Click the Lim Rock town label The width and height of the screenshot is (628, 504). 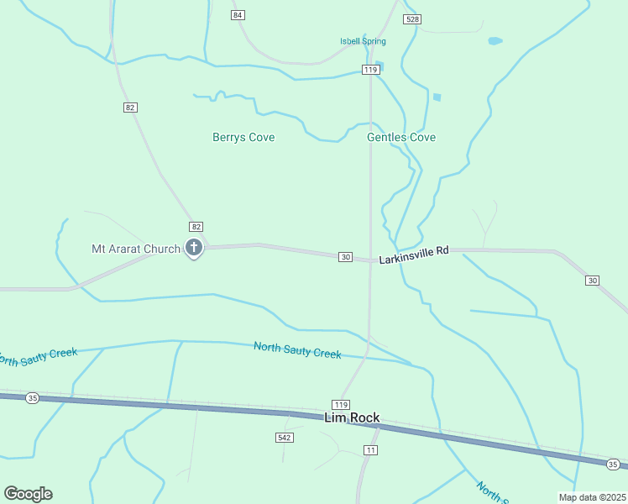pyautogui.click(x=352, y=417)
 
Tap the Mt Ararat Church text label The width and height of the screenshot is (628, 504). pyautogui.click(x=135, y=249)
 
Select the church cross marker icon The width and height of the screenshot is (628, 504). pyautogui.click(x=194, y=248)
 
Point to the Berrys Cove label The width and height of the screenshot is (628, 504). pyautogui.click(x=243, y=137)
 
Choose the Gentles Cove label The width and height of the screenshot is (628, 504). pyautogui.click(x=401, y=137)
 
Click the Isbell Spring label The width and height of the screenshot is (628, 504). pyautogui.click(x=363, y=41)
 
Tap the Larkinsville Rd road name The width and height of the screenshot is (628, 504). pyautogui.click(x=414, y=255)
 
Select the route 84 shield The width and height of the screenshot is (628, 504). pyautogui.click(x=238, y=15)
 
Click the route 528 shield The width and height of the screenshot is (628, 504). pyautogui.click(x=411, y=19)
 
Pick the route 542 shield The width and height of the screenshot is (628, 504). pyautogui.click(x=284, y=438)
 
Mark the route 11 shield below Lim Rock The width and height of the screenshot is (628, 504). pyautogui.click(x=370, y=450)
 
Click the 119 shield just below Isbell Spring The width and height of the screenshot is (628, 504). pyautogui.click(x=370, y=70)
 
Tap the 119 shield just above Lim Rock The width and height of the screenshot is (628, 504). pyautogui.click(x=340, y=404)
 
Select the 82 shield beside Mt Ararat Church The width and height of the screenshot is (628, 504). pyautogui.click(x=196, y=227)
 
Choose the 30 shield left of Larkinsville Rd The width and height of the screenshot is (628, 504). pyautogui.click(x=345, y=256)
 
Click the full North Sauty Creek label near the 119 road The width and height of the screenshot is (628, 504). pyautogui.click(x=297, y=350)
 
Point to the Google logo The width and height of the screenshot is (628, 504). pyautogui.click(x=28, y=494)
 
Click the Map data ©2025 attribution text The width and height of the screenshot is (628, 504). pyautogui.click(x=592, y=497)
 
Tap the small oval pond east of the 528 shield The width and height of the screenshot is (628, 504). pyautogui.click(x=495, y=40)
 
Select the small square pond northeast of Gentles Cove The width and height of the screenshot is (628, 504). pyautogui.click(x=437, y=97)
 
